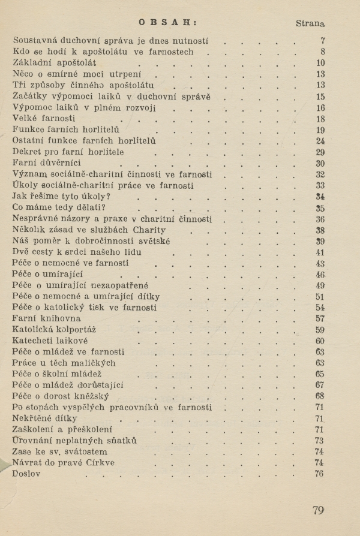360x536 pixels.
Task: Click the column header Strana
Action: point(310,24)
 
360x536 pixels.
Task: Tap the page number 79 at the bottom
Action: point(318,510)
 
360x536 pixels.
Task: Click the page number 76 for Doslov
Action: point(319,474)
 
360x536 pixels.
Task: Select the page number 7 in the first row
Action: point(322,41)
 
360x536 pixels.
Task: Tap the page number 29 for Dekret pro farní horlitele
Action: point(320,152)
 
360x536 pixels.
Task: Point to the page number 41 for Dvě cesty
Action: point(320,252)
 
